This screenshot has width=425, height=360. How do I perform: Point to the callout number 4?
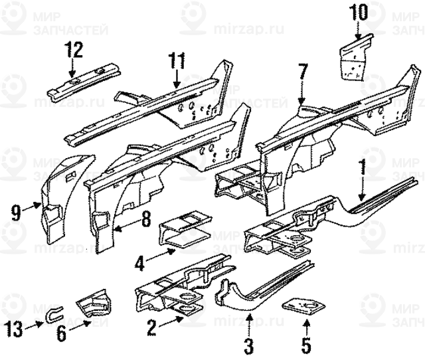point(139,263)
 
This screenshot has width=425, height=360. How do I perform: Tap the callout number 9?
point(16,213)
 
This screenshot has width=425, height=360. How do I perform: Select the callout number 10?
point(357,13)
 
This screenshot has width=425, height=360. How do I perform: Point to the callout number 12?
point(73,48)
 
